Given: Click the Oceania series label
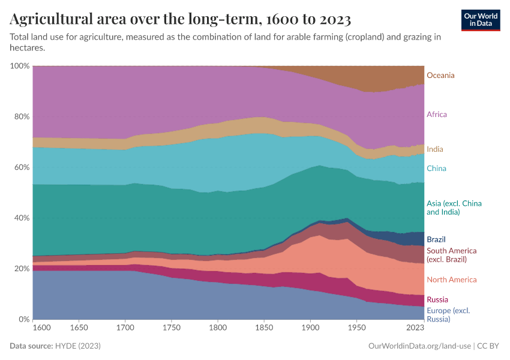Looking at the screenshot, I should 440,76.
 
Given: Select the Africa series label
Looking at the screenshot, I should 436,114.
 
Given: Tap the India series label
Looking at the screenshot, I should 434,149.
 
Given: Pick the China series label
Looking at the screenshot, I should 436,169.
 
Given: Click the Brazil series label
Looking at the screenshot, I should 436,239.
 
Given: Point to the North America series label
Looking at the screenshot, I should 451,280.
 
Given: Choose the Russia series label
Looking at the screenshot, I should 437,299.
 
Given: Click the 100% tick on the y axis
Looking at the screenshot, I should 20,65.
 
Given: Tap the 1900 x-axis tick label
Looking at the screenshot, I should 310,328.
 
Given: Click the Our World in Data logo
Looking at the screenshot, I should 481,19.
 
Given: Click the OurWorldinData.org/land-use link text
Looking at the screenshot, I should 418,346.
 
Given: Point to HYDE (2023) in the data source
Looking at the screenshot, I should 77,346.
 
